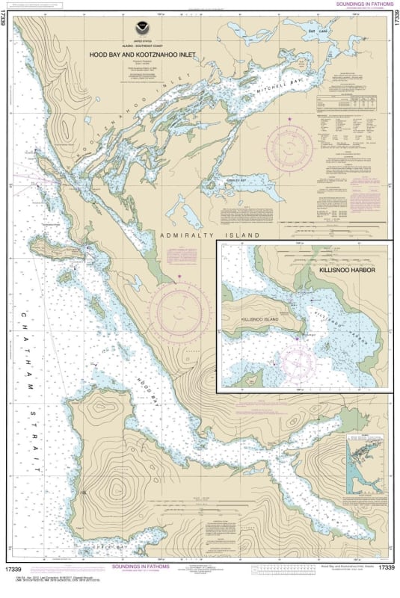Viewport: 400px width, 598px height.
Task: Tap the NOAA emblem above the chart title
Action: [x=138, y=37]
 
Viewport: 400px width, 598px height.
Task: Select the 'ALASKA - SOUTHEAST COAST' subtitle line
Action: [x=138, y=46]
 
